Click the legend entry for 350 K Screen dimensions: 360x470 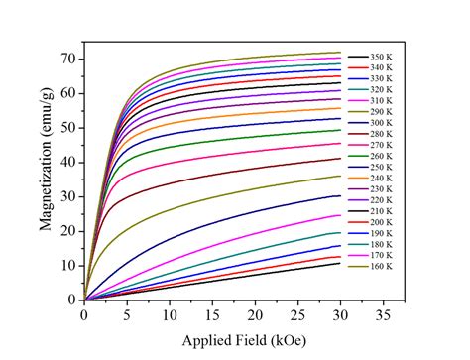[386, 55]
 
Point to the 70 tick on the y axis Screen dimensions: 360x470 [69, 59]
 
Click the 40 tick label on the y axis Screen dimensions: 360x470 [69, 162]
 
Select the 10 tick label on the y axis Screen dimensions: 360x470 [69, 265]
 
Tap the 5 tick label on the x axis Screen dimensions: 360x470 [127, 313]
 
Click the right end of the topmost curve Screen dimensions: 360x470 [340, 53]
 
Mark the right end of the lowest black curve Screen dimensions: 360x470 [340, 263]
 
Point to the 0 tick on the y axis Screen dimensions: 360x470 [72, 300]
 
